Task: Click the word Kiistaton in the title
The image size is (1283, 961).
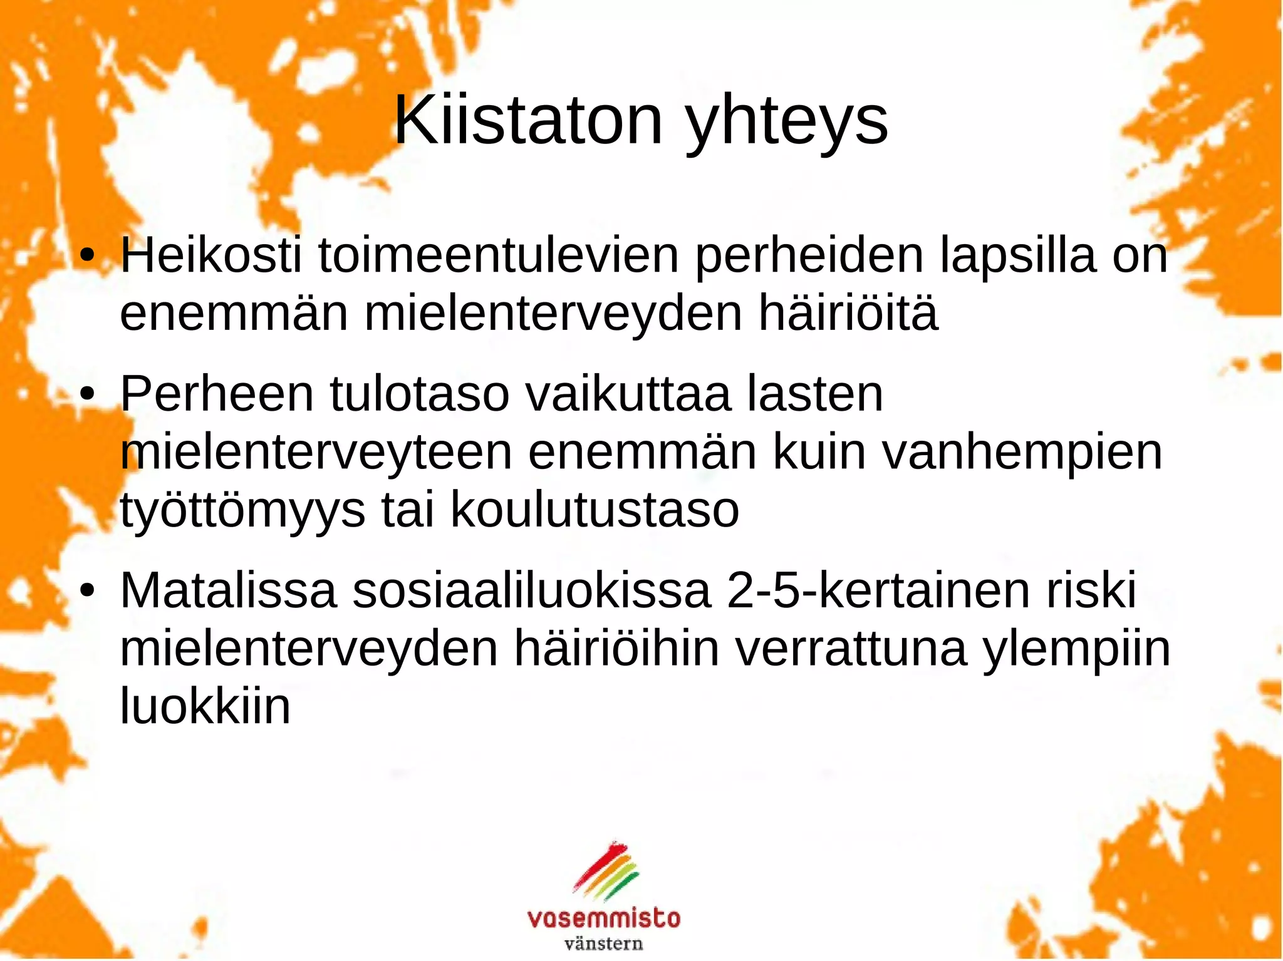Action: (527, 120)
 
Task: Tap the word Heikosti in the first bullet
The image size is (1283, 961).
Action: (211, 255)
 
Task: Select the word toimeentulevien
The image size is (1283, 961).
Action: (499, 255)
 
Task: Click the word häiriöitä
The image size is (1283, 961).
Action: (848, 313)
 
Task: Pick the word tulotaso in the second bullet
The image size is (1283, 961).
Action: (419, 394)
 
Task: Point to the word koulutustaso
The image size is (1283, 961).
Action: (595, 510)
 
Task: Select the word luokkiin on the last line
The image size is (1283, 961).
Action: (205, 707)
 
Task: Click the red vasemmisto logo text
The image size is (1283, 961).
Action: (604, 918)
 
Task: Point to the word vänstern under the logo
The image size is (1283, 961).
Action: (604, 943)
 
